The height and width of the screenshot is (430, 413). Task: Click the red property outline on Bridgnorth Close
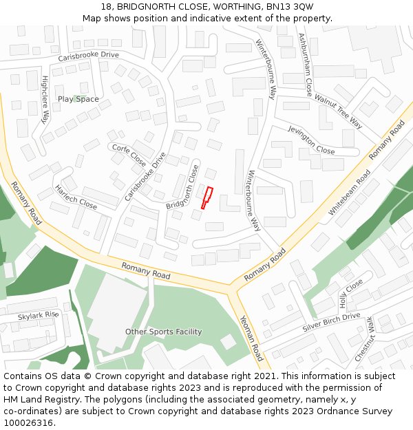[x=206, y=197]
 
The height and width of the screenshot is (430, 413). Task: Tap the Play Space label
[x=78, y=99]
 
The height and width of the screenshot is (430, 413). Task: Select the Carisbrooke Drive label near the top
[x=88, y=56]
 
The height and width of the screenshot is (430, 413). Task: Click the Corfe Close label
[x=128, y=155]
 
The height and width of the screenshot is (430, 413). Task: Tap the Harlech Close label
[x=76, y=197]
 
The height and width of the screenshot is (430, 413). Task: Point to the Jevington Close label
[x=311, y=140]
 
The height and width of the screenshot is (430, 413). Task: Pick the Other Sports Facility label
[x=163, y=332]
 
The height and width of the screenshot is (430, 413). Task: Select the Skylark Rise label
[x=39, y=316]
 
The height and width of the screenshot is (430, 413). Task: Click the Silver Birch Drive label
[x=331, y=323]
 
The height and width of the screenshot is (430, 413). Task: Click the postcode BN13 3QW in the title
[x=293, y=6]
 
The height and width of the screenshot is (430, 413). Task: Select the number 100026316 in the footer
[x=28, y=423]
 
